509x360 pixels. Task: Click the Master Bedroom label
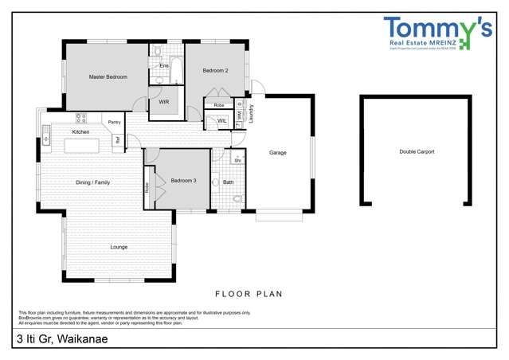108,77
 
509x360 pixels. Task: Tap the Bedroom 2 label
215,71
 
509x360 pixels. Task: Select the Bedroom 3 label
183,181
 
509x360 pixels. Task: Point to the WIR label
163,103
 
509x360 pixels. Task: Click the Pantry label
115,122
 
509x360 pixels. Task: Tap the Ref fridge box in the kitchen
117,140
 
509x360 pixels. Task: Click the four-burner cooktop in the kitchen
81,118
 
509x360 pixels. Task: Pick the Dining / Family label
92,182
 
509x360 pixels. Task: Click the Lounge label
119,247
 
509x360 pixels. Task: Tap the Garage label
277,153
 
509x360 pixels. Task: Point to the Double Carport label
417,151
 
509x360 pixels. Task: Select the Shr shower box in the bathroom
237,160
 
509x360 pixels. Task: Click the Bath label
229,182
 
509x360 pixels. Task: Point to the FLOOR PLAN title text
250,294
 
